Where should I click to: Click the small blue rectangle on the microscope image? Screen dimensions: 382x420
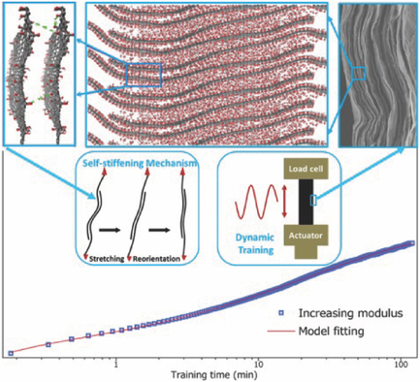click(359, 72)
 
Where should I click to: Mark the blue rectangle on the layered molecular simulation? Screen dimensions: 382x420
click(144, 75)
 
